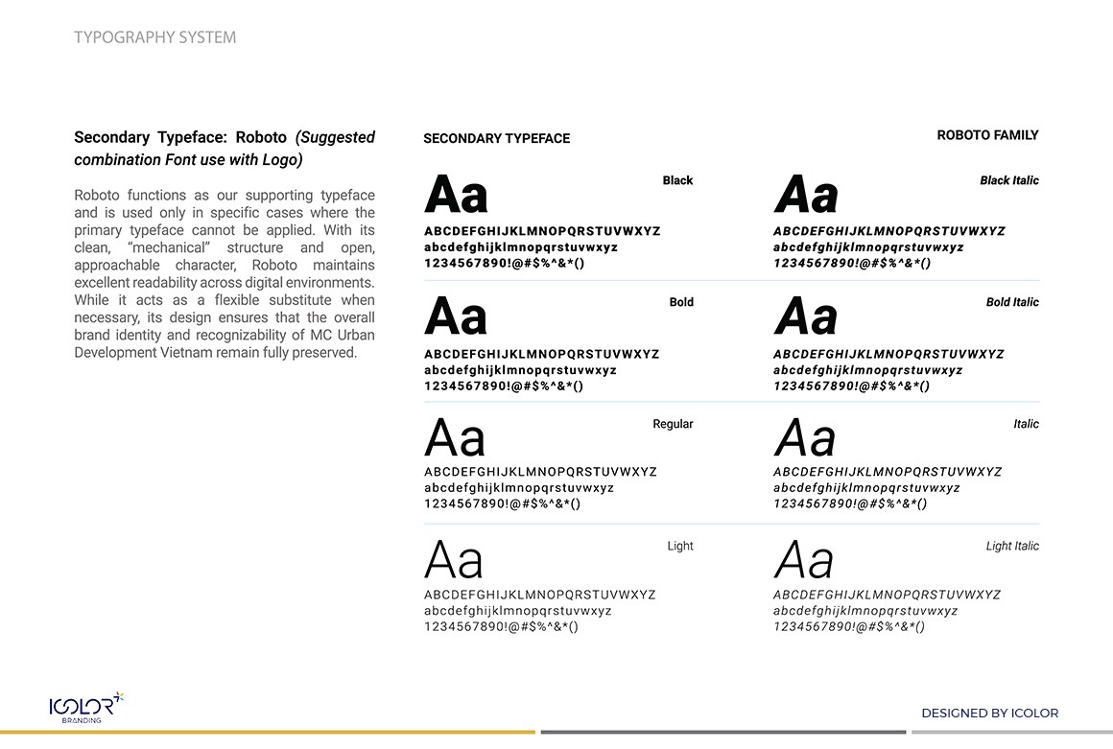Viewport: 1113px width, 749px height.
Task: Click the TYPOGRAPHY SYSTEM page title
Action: coord(154,37)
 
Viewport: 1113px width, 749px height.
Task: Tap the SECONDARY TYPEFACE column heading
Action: coord(496,139)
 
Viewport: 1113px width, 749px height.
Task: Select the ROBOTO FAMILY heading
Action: coord(987,135)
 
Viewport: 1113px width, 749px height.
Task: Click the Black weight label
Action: coord(677,180)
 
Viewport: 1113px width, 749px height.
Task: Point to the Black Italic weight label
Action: coord(1008,180)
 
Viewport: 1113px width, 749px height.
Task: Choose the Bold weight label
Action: coord(681,302)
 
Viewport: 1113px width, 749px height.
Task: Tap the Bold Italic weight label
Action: coord(1012,302)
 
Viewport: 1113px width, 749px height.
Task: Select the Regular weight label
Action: coord(673,424)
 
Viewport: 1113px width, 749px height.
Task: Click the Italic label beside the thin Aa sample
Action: coord(1026,424)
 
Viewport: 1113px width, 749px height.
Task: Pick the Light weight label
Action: coord(680,546)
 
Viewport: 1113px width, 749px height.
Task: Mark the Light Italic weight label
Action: coord(1012,546)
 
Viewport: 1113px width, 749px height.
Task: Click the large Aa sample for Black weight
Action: coord(456,196)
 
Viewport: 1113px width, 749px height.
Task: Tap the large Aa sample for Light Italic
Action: coord(804,560)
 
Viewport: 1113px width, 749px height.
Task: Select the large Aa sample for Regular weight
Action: coord(455,439)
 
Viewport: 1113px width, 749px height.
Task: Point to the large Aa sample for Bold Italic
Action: coord(806,317)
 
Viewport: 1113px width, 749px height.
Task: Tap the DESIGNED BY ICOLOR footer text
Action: coord(989,713)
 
